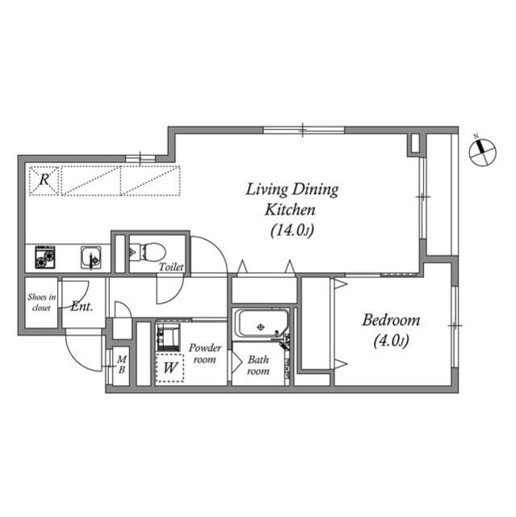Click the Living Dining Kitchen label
(292, 199)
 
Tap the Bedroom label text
(390, 321)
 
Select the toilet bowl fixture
(145, 251)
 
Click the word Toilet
(170, 267)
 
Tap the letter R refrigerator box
(44, 181)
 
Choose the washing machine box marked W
(170, 368)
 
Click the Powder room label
(205, 353)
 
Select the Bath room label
(258, 365)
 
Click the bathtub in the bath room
(260, 326)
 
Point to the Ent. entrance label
(82, 307)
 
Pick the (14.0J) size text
(292, 230)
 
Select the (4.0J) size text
(390, 342)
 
